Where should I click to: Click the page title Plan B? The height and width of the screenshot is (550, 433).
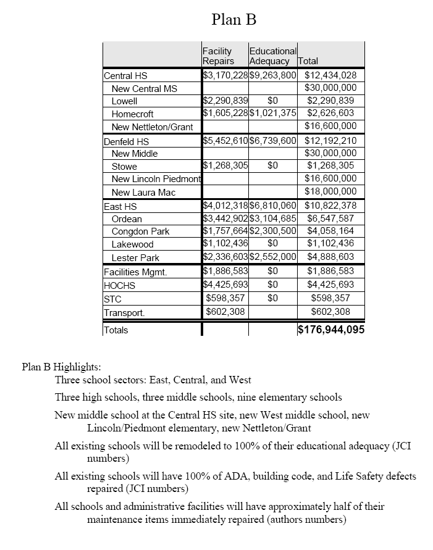point(233,20)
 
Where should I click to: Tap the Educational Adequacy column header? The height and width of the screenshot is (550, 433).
point(272,56)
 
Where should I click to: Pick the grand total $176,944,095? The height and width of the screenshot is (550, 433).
point(330,330)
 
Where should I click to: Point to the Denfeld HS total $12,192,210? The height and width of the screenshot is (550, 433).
point(330,141)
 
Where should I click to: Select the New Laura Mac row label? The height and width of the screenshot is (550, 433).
point(143,193)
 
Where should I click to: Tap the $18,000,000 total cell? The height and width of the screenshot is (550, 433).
point(330,192)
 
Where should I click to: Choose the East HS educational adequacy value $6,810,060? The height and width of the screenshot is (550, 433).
point(273,206)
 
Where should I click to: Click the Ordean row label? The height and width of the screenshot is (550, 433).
point(127,219)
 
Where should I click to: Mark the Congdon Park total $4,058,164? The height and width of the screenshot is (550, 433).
point(330,231)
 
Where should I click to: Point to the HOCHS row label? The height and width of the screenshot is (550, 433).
point(119,286)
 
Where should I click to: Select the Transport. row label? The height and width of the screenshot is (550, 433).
point(124,312)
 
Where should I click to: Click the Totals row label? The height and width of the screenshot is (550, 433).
point(116,330)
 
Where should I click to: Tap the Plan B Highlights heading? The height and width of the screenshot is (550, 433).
point(61,367)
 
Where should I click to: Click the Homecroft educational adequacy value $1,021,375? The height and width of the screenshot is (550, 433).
point(273,114)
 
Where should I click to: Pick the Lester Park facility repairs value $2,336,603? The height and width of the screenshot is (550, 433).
point(225,257)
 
